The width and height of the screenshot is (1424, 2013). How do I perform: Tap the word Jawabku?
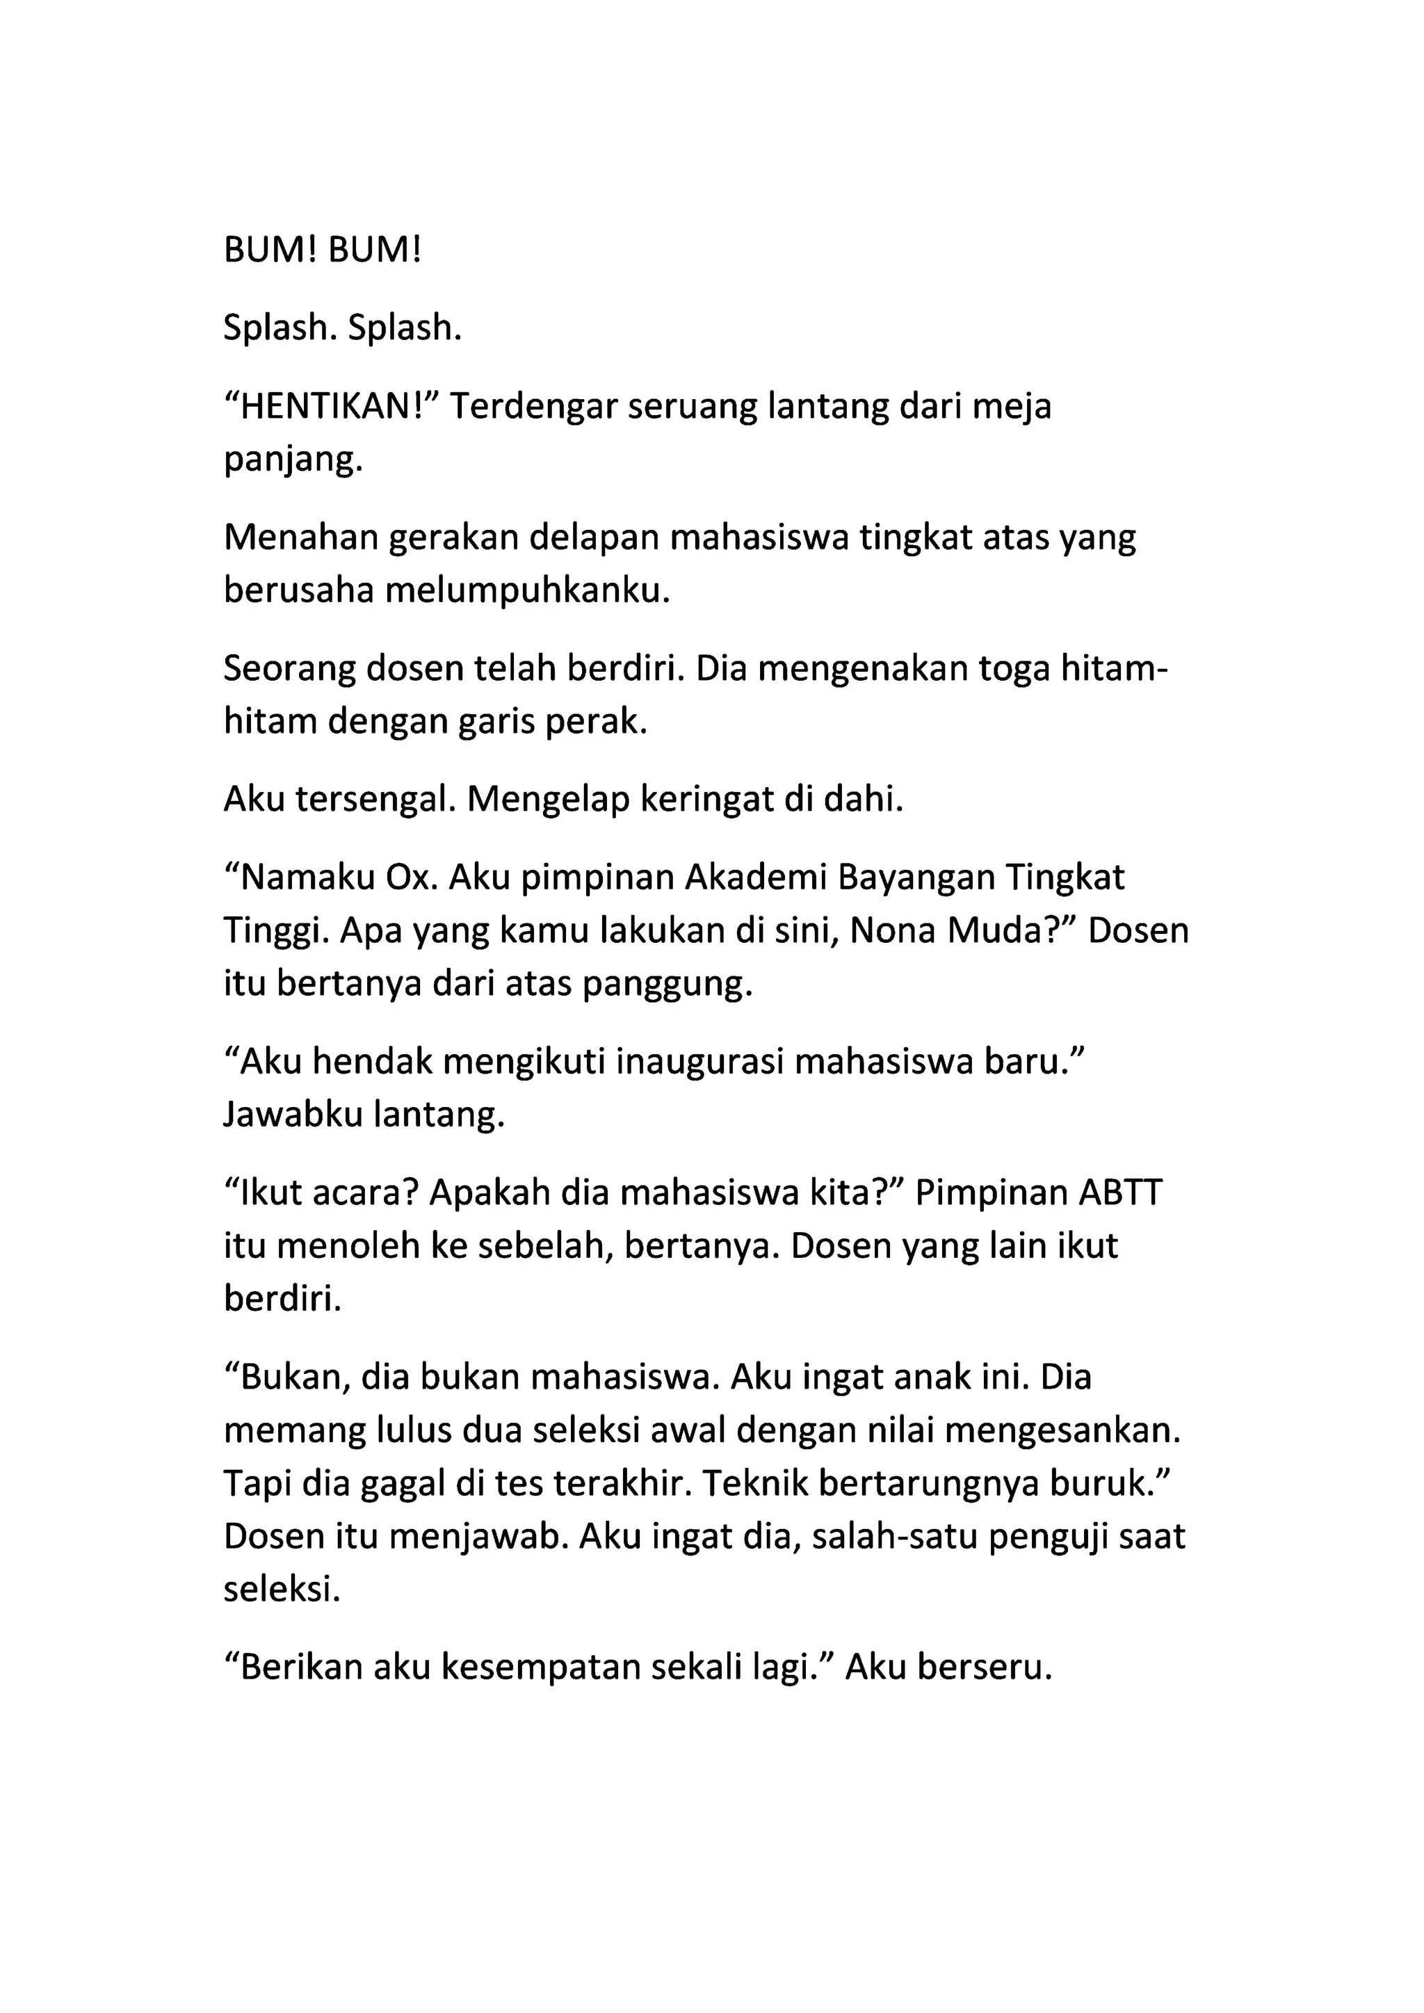292,1116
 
